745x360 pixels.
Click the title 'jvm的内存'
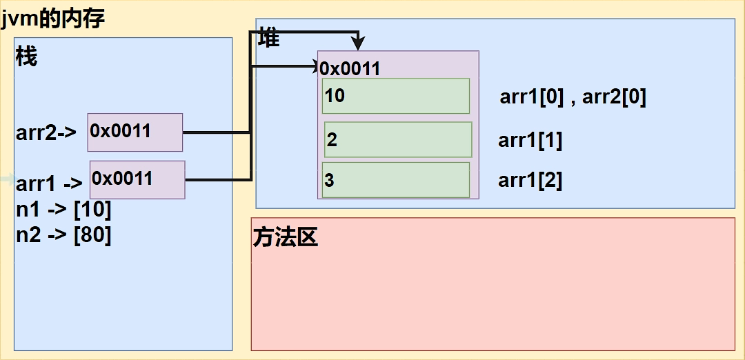point(52,19)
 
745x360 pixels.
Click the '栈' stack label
point(27,57)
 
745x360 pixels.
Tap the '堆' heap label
point(269,38)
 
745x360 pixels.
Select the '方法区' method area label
point(285,238)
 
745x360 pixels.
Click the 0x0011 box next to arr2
point(135,132)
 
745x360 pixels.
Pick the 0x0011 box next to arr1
point(137,179)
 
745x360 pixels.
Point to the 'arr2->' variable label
point(46,133)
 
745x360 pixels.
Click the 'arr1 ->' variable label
point(50,183)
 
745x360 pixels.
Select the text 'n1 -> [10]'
point(63,210)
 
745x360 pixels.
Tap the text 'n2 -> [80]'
point(63,236)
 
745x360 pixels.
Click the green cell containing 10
point(396,96)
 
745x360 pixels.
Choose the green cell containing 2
point(398,139)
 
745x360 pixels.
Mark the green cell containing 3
point(396,180)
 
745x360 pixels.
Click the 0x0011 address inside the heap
point(350,70)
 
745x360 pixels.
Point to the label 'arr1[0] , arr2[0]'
point(573,99)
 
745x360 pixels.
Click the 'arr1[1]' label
point(530,141)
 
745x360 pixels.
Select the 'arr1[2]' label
point(530,181)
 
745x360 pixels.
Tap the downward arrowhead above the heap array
point(358,43)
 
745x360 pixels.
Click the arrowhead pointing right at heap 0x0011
point(314,66)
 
